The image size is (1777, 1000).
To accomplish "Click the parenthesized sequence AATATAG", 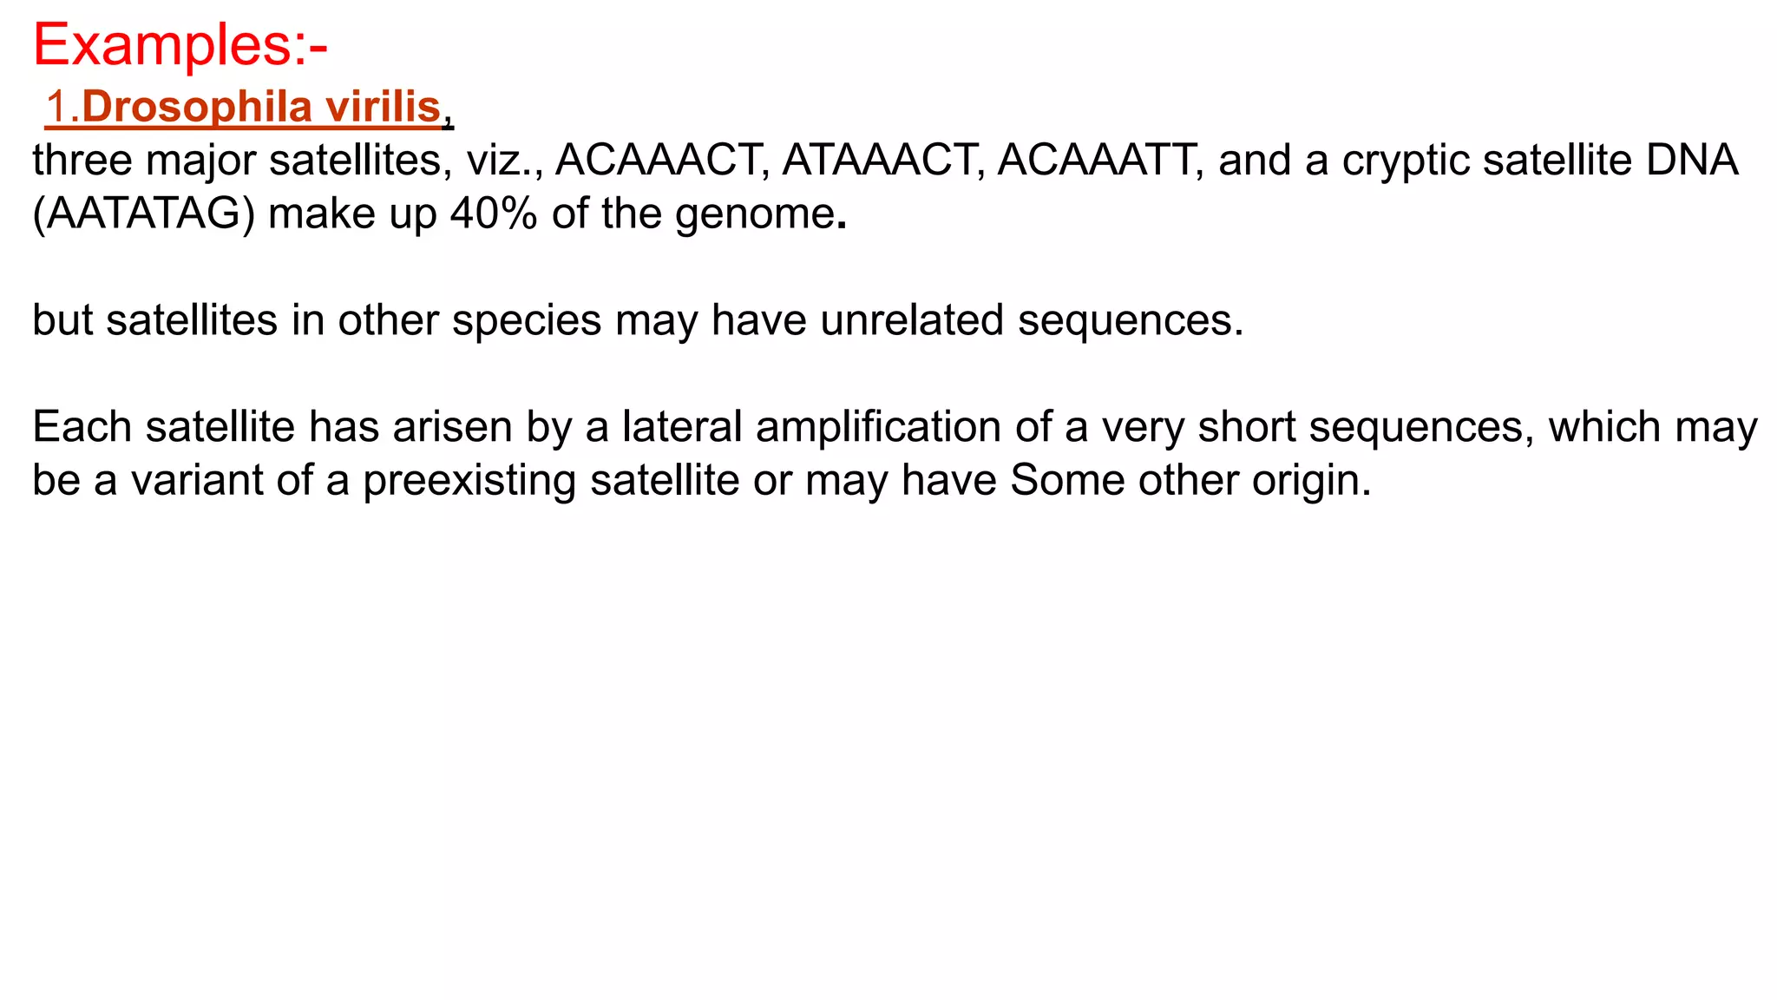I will [x=143, y=214].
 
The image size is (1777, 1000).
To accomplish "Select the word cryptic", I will [x=1400, y=161].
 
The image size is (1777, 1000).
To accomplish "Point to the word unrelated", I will [x=912, y=320].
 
